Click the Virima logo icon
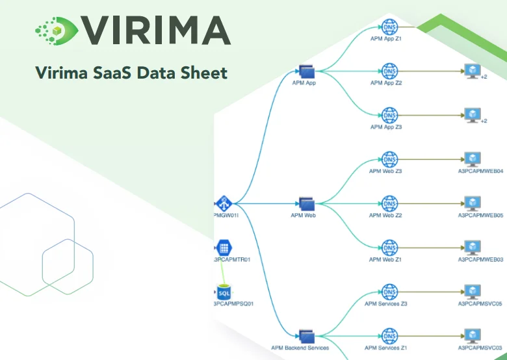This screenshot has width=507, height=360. tap(56, 29)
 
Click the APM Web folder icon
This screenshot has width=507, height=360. tap(306, 204)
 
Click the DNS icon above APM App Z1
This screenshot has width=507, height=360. tap(389, 27)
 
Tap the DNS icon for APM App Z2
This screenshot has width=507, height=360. tap(389, 71)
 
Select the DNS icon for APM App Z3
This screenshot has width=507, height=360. tap(389, 115)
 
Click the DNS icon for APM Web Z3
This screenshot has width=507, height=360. tap(389, 159)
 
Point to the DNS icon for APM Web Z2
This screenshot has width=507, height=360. tap(389, 203)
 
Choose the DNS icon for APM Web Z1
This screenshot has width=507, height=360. tap(389, 248)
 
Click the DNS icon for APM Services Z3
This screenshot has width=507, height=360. tap(389, 292)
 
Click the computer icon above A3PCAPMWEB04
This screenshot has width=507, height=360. tap(472, 159)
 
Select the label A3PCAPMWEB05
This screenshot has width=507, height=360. tap(481, 215)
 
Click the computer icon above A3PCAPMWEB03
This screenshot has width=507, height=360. tap(472, 248)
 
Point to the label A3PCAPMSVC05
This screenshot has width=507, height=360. tap(481, 303)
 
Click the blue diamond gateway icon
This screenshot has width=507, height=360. tap(224, 203)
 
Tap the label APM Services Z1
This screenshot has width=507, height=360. tap(386, 348)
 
